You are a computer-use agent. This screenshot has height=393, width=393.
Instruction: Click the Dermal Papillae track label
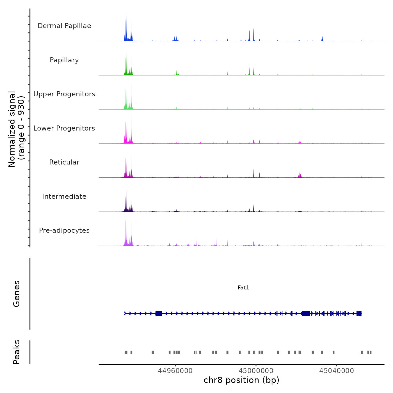point(64,26)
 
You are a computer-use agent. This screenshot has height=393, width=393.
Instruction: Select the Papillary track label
point(64,60)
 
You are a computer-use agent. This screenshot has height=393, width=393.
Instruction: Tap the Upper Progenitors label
point(64,94)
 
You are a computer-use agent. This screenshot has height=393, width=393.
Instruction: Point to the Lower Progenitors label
point(64,128)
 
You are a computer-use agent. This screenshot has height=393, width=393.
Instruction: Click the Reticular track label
point(64,162)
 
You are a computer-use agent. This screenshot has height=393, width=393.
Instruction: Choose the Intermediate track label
point(64,196)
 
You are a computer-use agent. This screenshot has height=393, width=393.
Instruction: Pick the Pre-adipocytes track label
point(64,230)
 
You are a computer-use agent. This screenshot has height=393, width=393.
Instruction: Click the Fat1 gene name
point(243,287)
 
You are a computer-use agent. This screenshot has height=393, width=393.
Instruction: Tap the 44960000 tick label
point(175,371)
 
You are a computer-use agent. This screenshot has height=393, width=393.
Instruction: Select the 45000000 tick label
point(256,371)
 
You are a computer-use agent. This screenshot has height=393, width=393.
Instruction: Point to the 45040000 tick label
point(337,371)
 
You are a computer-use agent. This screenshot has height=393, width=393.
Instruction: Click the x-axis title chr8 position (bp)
point(241,380)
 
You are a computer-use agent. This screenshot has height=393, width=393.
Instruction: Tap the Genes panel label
point(17,294)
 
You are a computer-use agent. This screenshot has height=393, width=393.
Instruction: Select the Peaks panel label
point(17,352)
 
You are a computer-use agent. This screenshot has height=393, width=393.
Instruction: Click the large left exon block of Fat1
point(159,313)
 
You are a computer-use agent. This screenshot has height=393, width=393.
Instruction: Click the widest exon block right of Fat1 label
point(306,313)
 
